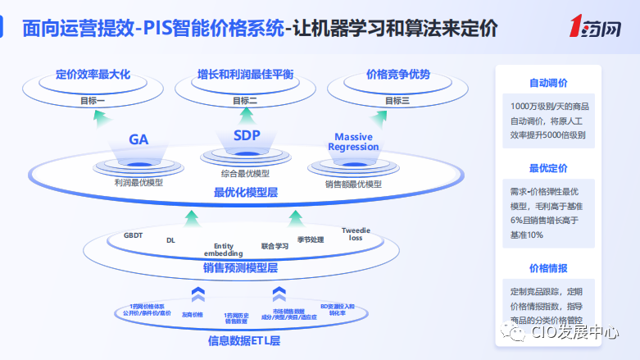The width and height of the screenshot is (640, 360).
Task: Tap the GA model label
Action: click(x=138, y=139)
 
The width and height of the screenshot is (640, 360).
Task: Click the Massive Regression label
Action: click(x=353, y=142)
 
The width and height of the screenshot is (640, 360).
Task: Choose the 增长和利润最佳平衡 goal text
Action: click(x=245, y=75)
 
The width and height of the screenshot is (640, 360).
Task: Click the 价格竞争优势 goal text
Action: click(x=397, y=75)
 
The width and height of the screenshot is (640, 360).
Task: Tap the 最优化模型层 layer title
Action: click(x=246, y=193)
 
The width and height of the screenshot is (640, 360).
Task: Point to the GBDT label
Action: click(x=133, y=235)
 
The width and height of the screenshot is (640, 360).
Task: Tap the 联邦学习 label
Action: click(x=275, y=244)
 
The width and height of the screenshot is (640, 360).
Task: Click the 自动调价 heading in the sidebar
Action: click(x=548, y=83)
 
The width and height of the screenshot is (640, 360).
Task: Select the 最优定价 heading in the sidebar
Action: click(x=548, y=169)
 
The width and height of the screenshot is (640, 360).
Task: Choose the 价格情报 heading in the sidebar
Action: click(x=548, y=268)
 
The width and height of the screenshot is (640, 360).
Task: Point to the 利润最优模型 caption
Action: click(x=138, y=182)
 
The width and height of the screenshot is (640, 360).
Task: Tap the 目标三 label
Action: click(x=397, y=100)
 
